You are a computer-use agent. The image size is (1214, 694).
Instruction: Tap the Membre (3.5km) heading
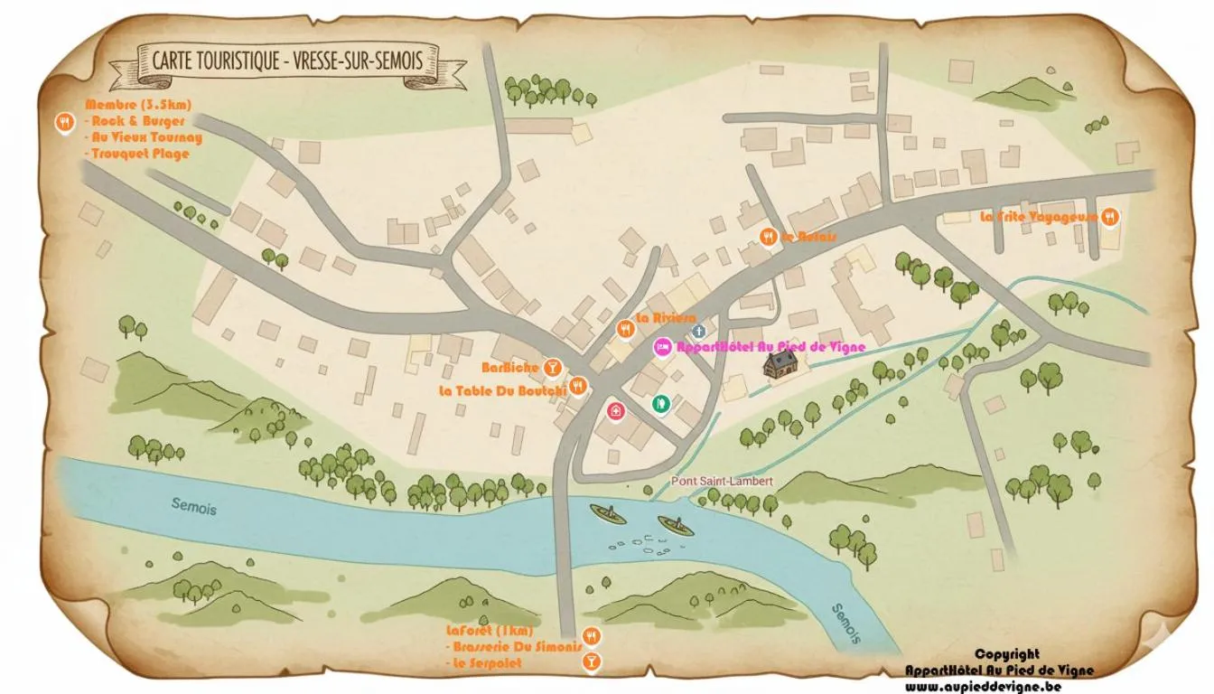pos(138,105)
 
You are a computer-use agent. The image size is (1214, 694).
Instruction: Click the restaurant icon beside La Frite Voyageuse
pos(1110,217)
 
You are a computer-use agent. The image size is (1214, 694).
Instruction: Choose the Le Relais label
pos(809,237)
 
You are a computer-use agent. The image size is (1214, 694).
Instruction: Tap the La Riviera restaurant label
pos(666,318)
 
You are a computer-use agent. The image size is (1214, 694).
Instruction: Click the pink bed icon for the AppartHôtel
pos(662,347)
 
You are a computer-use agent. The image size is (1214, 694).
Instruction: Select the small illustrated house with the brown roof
pos(781,364)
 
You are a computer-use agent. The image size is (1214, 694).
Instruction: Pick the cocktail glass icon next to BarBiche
pos(554,366)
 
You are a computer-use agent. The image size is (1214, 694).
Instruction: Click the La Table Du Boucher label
pos(502,390)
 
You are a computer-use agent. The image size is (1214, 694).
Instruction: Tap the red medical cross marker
pos(616,411)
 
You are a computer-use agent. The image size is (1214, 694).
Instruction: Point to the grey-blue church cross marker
pos(698,331)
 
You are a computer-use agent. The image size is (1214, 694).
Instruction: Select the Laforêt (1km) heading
pos(490,630)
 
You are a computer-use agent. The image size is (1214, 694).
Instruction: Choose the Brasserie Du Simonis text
pos(511,647)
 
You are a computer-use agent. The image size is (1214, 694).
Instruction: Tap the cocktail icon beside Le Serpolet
pos(592,663)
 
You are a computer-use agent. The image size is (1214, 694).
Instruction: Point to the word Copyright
pos(1006,654)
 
